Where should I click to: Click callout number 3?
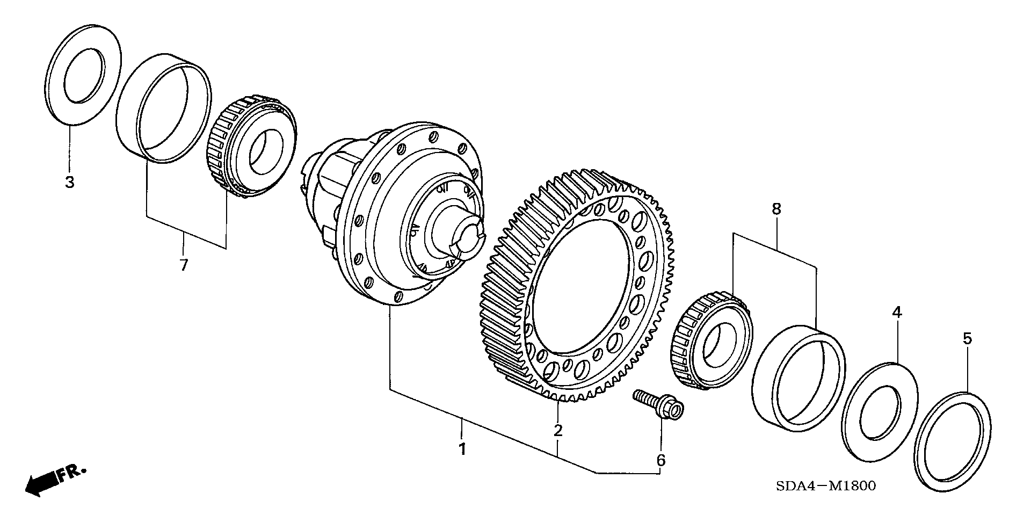click(69, 182)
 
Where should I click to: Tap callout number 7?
click(184, 265)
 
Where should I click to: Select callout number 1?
click(462, 449)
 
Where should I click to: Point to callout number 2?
click(558, 430)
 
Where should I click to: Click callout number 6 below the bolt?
click(661, 460)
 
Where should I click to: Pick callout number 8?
click(776, 209)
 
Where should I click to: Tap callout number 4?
click(897, 311)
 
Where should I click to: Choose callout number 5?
click(967, 338)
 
